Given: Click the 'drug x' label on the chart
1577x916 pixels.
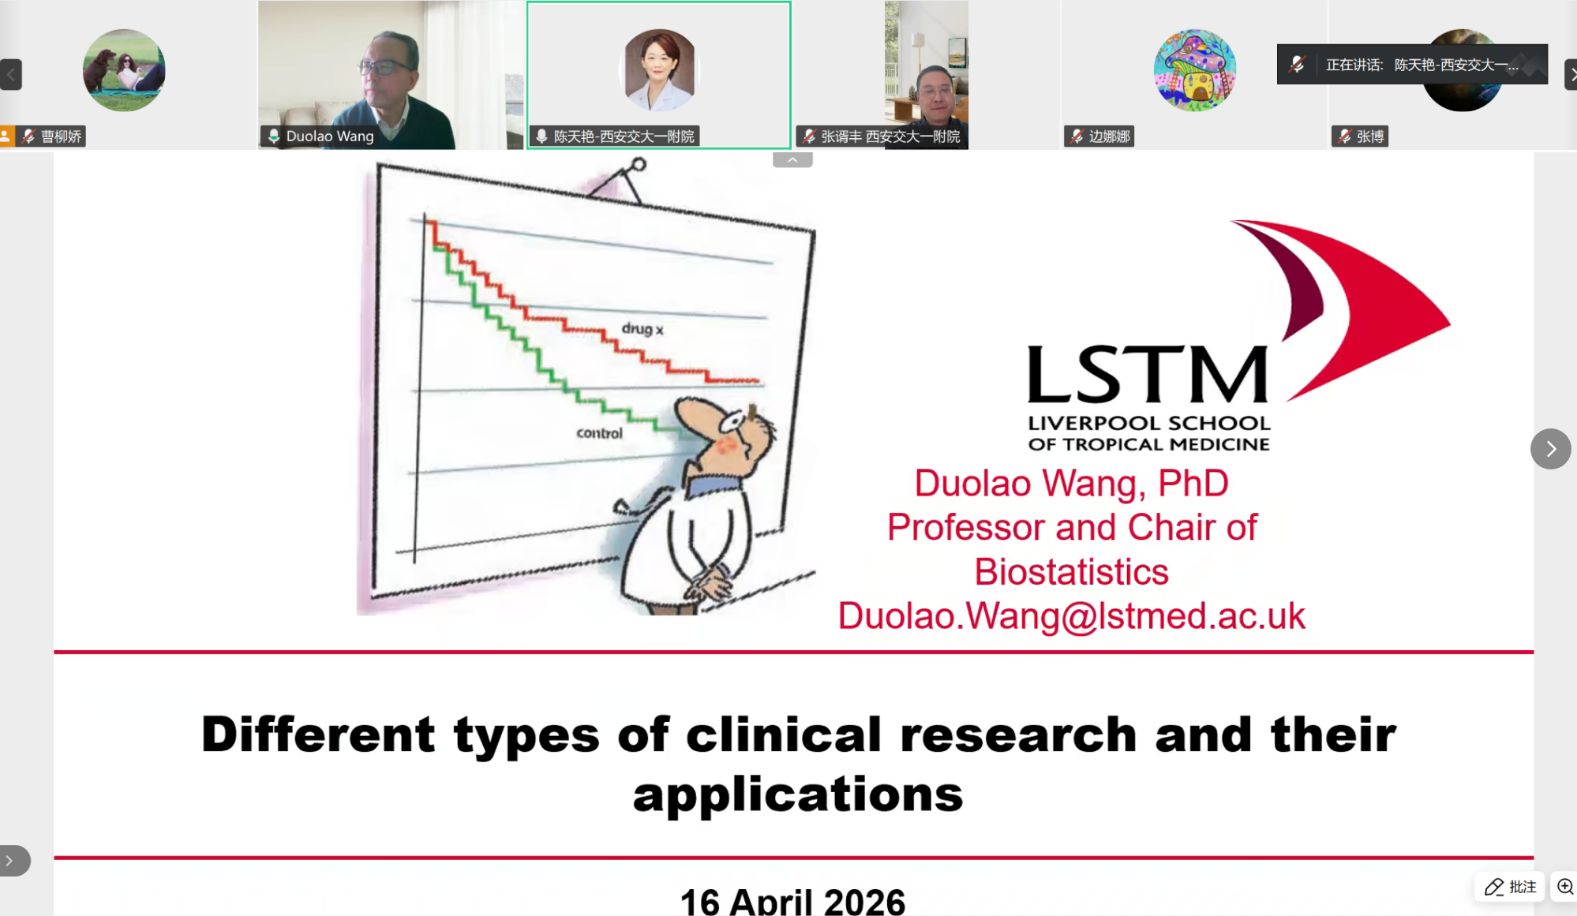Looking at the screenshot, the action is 642,328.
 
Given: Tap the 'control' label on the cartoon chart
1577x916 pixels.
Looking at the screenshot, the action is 599,433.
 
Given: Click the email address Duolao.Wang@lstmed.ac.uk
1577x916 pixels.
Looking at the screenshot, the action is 1071,616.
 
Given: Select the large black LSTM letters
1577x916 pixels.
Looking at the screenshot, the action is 1148,376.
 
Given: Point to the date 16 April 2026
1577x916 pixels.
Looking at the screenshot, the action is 792,901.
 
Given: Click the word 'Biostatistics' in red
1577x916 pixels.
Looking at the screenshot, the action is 1071,572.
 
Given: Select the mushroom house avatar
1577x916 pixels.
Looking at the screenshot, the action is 1194,70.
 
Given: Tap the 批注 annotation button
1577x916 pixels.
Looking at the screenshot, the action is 1510,887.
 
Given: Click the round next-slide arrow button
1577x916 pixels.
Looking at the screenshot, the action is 1550,449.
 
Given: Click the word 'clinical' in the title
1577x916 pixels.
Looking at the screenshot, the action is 783,734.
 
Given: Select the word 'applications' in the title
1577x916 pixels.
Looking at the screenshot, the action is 798,794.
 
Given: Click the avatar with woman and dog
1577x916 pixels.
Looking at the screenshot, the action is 124,70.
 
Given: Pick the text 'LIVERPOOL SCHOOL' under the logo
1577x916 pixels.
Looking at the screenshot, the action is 1149,424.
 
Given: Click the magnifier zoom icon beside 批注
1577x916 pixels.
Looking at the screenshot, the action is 1564,887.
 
